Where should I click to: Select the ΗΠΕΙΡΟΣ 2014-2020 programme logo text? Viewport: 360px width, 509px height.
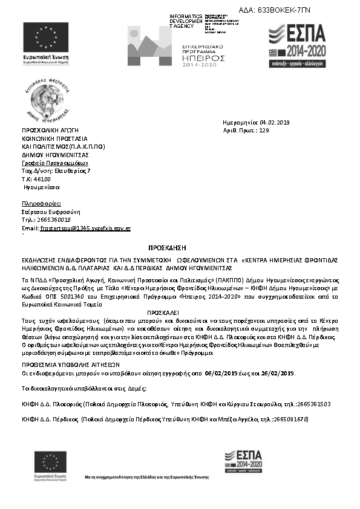tap(203, 58)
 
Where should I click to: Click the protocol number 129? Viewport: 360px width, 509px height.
tap(264, 130)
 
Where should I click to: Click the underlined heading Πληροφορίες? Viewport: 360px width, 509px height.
tap(41, 204)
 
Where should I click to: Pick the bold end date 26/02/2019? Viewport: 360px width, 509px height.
tap(278, 357)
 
